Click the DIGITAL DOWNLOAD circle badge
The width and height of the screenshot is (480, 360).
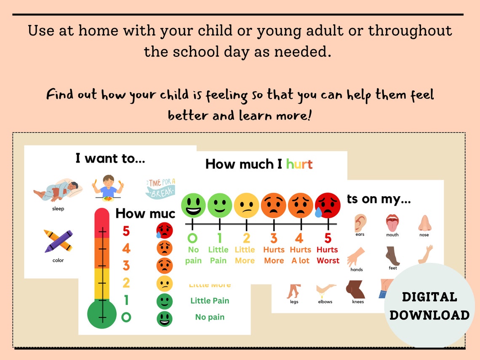coord(429,306)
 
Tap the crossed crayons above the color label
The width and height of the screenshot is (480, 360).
coord(58,240)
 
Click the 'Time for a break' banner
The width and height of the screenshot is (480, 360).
coord(160,188)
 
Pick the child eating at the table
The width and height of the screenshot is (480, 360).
coord(108,187)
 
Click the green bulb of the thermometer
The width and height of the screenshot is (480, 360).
coord(102,314)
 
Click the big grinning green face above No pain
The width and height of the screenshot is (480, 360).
coord(193,205)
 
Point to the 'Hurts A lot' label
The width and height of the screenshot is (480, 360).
coord(300,255)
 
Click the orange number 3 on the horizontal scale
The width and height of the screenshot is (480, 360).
coord(274,238)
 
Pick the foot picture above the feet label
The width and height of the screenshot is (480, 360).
coord(392,255)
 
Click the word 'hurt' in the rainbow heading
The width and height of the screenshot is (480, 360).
coord(299,164)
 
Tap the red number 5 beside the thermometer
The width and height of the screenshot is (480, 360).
coord(126,231)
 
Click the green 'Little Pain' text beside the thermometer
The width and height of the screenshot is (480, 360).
coord(210,301)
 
